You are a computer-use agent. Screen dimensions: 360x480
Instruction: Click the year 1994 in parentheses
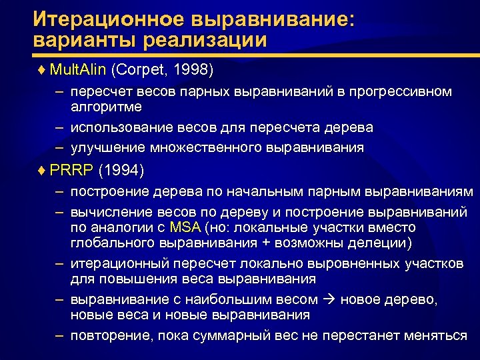click(120, 171)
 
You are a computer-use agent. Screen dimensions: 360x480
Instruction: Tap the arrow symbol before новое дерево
click(330, 300)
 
